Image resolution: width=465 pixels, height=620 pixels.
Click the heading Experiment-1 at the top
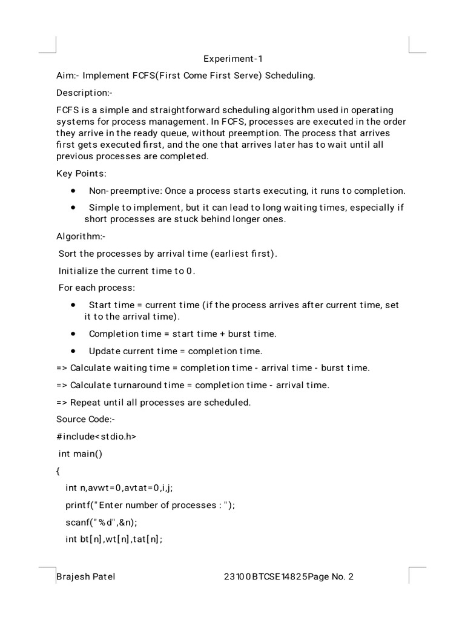pyautogui.click(x=233, y=59)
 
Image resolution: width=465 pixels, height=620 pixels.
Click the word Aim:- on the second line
pyautogui.click(x=67, y=76)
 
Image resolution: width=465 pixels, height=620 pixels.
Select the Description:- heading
pyautogui.click(x=84, y=93)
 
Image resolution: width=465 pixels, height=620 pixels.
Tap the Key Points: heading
pyautogui.click(x=81, y=174)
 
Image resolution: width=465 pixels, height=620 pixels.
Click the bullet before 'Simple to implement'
pyautogui.click(x=73, y=207)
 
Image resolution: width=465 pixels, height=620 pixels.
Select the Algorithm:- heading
pyautogui.click(x=81, y=236)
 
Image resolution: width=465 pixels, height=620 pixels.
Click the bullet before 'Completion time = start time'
pyautogui.click(x=73, y=334)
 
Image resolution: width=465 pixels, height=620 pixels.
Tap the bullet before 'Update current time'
pyautogui.click(x=73, y=351)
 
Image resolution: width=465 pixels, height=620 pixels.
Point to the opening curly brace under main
pyautogui.click(x=58, y=470)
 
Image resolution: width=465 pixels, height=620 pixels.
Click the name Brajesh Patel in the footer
pyautogui.click(x=85, y=577)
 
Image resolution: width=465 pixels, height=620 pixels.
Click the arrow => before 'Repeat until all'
pyautogui.click(x=62, y=402)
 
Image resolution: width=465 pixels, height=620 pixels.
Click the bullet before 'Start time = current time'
pyautogui.click(x=73, y=305)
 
